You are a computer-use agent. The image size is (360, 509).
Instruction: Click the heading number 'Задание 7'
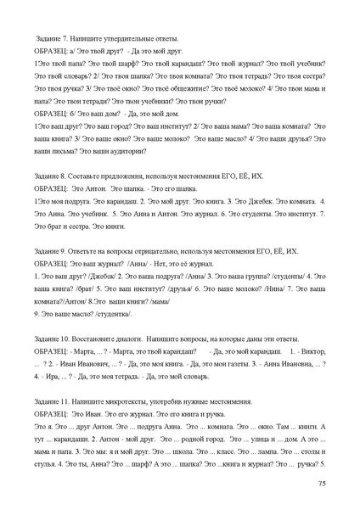point(53,40)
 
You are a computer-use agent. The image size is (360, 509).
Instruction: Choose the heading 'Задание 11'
point(53,400)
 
